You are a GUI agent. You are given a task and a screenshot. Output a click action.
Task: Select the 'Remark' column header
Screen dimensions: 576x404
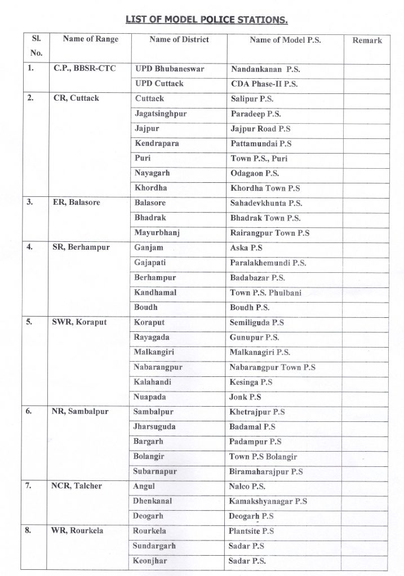(x=367, y=40)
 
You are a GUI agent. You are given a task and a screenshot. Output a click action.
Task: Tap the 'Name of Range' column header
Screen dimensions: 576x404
(x=91, y=39)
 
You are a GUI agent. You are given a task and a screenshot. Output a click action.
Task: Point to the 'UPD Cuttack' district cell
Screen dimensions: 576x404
(x=160, y=84)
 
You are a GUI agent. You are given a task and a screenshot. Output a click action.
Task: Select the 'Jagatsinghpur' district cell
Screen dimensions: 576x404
(x=161, y=114)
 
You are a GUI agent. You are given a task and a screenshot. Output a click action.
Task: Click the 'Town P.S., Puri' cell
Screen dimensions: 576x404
(x=259, y=159)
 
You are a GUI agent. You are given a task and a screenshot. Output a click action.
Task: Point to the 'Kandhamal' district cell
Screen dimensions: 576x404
(x=156, y=293)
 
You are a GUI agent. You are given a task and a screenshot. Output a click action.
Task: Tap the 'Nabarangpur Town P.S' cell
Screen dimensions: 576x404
(x=273, y=368)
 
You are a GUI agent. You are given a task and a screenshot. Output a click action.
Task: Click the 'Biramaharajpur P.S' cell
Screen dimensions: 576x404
(x=267, y=471)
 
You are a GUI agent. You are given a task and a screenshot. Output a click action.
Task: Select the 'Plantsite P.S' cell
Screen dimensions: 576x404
(x=252, y=531)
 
